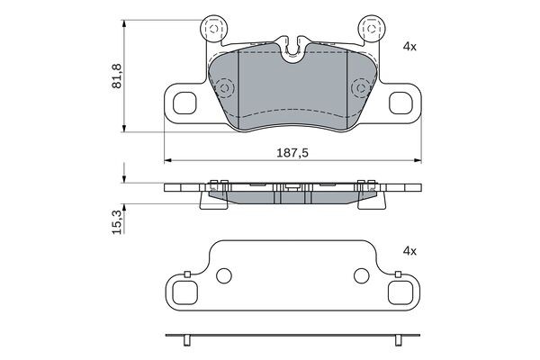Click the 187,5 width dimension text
tap(293, 154)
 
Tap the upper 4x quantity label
tap(409, 44)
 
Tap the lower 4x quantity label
tap(409, 251)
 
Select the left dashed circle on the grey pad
tap(224, 88)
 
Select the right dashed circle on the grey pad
tap(361, 88)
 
